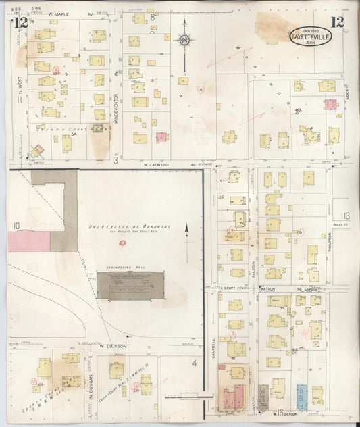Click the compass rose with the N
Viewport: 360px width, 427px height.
[x=184, y=40]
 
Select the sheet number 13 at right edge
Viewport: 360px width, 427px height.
[x=346, y=216]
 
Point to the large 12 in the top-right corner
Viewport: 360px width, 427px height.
[x=337, y=22]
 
